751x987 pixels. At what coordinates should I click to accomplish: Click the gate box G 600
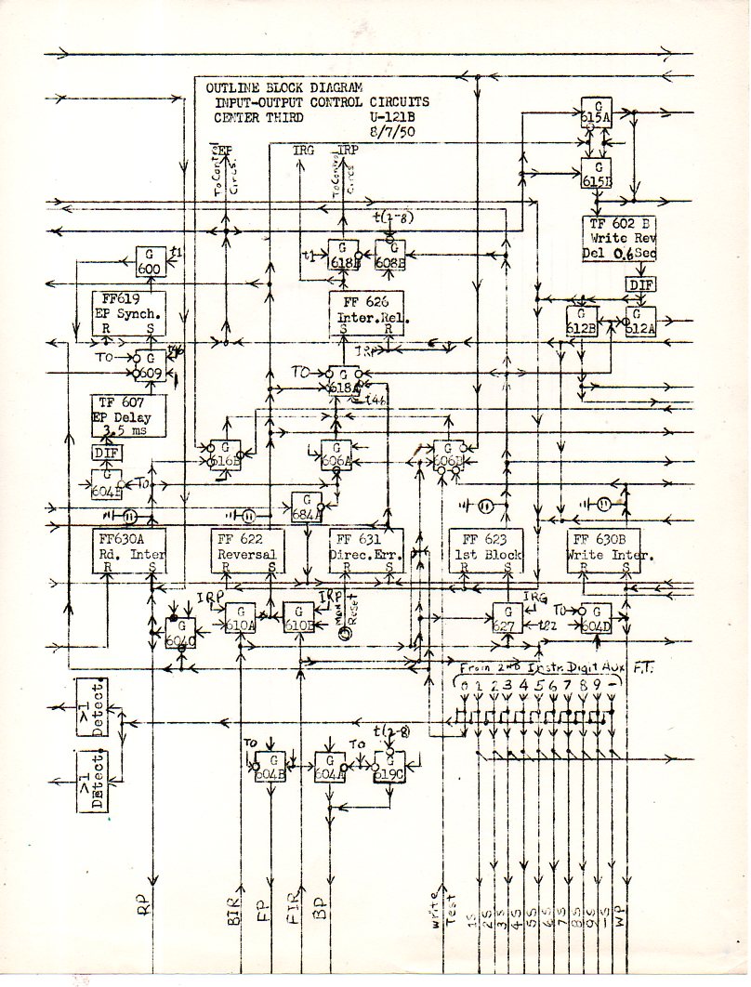coord(151,261)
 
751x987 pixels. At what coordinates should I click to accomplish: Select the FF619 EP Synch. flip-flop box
coord(129,313)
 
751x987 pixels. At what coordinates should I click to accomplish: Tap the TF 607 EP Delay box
coord(129,415)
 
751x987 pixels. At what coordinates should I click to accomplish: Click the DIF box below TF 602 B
coord(640,284)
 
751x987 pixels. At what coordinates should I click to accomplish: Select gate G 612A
coord(640,321)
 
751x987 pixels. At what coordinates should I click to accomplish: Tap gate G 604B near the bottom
coord(270,768)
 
